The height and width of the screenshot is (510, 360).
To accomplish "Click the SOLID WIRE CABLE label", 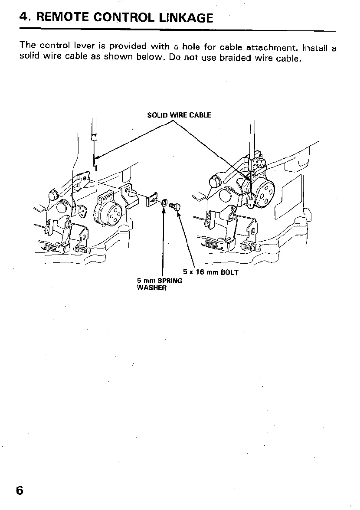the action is pyautogui.click(x=179, y=115).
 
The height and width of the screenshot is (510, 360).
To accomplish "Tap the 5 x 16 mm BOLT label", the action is pyautogui.click(x=211, y=273).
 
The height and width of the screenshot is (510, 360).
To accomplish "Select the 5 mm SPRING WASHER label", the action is pyautogui.click(x=159, y=284).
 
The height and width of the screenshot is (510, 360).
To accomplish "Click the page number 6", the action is pyautogui.click(x=20, y=490).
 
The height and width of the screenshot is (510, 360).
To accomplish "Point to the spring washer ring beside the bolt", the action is pyautogui.click(x=165, y=203).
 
